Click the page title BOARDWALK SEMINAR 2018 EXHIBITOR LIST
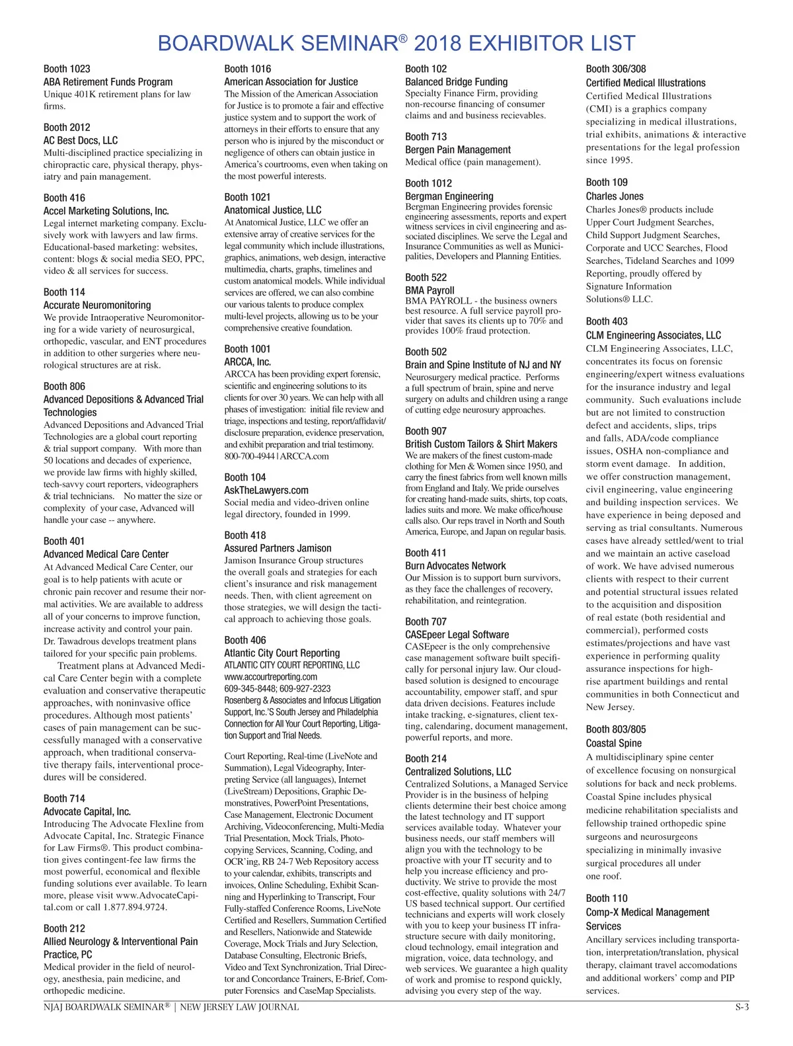pos(397,44)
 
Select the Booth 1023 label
pos(67,69)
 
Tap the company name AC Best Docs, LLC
pos(81,140)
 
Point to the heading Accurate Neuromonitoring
pos(97,305)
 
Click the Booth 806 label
pos(64,386)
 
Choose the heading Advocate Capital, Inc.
pos(87,811)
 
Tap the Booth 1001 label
pos(247,349)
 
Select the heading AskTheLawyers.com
pos(266,490)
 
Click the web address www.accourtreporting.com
pos(270,676)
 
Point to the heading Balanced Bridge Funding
pos(457,82)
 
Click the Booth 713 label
pos(426,137)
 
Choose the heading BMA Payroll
pos(430,290)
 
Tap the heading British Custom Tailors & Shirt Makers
pos(481,444)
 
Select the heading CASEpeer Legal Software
pos(457,635)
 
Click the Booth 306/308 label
pos(616,69)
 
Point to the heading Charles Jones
pos(615,196)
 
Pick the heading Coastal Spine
pos(614,743)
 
